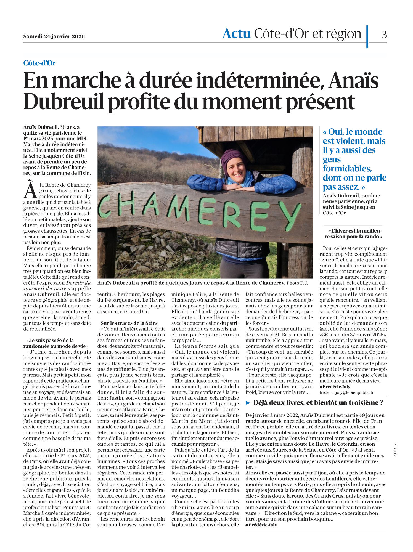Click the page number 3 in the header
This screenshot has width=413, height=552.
pos(384,34)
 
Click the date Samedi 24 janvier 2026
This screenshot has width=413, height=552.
pos(54,36)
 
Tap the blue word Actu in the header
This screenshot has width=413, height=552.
pos(236,34)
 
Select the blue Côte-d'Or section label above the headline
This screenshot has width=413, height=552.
pos(39,63)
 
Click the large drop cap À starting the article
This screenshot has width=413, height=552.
pos(30,190)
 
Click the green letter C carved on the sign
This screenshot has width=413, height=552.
pos(104,204)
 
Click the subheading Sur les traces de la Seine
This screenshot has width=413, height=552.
pos(129,323)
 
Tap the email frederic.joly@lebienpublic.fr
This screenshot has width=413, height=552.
pos(346,392)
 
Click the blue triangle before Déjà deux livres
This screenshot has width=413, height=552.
pos(248,403)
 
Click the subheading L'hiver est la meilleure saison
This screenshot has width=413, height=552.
pos(353,234)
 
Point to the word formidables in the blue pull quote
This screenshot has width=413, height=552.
pos(347,169)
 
